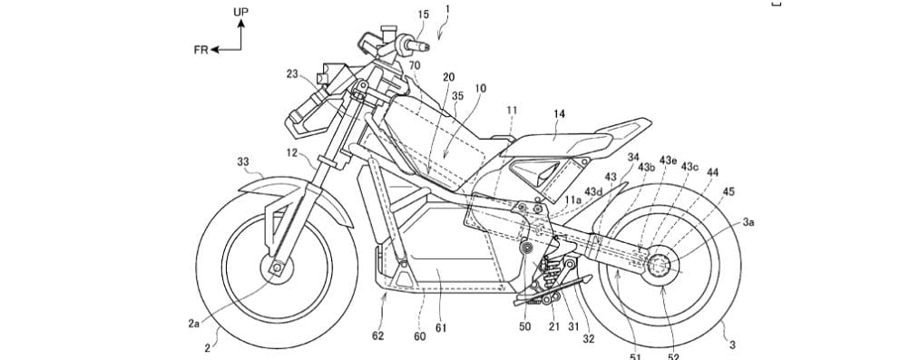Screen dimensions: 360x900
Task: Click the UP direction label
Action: (x=240, y=11)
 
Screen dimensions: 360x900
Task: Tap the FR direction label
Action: (x=201, y=50)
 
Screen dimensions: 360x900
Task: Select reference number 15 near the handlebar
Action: (x=398, y=14)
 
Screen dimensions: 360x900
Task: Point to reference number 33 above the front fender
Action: (x=243, y=162)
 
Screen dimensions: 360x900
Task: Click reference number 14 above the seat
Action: (x=560, y=113)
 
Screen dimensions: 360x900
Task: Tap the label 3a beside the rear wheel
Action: (x=749, y=220)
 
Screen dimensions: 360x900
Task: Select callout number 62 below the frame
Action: (x=378, y=336)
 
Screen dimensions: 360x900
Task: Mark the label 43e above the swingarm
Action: (x=669, y=161)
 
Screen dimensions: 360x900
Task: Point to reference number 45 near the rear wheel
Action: (x=729, y=191)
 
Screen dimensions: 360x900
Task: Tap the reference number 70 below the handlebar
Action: (x=414, y=66)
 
